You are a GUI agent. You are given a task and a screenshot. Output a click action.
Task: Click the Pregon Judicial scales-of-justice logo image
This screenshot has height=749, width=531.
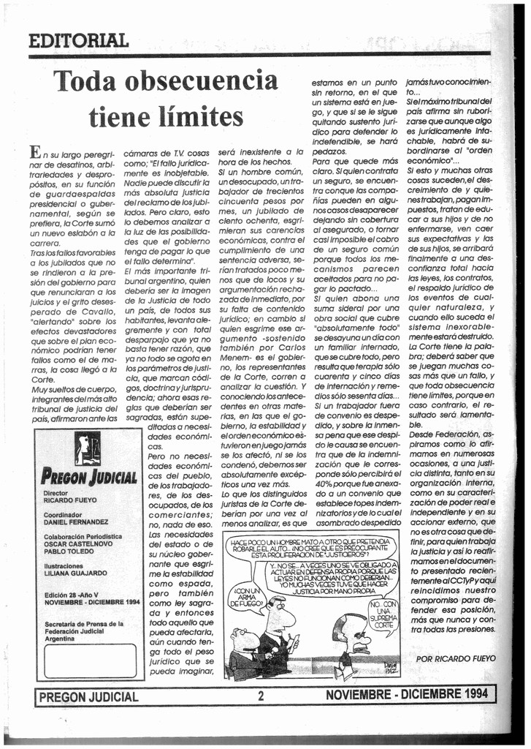pyautogui.click(x=88, y=448)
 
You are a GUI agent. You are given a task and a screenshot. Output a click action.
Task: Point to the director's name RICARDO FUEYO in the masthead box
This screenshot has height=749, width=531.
pyautogui.click(x=69, y=501)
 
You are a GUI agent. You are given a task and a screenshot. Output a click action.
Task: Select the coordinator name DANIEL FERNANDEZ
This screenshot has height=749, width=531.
pyautogui.click(x=76, y=522)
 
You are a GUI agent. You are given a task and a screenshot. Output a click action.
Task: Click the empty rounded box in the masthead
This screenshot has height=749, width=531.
pyautogui.click(x=89, y=660)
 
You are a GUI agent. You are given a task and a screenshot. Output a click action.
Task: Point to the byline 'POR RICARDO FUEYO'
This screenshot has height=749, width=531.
pyautogui.click(x=455, y=658)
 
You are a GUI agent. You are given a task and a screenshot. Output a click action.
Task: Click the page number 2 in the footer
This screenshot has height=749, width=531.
pyautogui.click(x=260, y=696)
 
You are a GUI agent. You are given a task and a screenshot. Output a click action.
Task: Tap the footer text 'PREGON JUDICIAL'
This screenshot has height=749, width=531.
pyautogui.click(x=88, y=697)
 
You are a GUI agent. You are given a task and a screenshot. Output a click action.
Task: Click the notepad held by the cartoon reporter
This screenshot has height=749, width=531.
pyautogui.click(x=293, y=644)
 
